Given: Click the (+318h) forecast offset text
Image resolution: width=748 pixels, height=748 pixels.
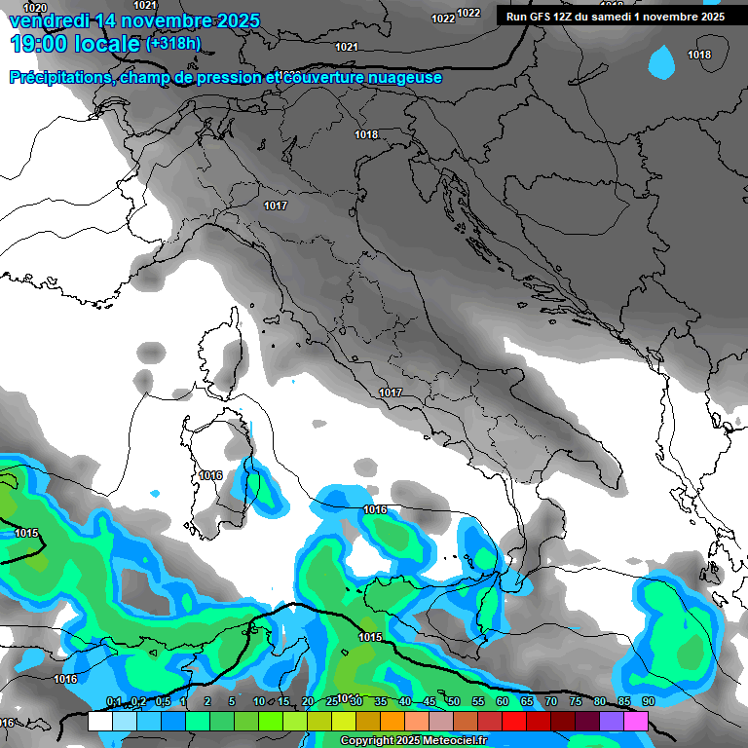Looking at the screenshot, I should coord(172,44).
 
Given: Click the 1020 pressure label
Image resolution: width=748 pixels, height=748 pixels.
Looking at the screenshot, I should coord(34,8).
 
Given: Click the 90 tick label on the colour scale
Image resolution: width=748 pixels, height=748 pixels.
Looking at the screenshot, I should coord(648,701).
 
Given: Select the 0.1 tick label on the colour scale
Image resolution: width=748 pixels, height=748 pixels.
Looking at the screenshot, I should coord(113,701).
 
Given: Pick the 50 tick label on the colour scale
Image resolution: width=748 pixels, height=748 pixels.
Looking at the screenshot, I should coord(454,701).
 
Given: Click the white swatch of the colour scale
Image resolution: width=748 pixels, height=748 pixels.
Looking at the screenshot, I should coord(99,721).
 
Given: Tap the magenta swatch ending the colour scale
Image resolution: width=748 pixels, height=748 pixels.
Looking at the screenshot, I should coord(636,721).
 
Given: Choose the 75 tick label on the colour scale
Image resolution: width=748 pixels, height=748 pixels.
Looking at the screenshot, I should coord(575,701).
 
